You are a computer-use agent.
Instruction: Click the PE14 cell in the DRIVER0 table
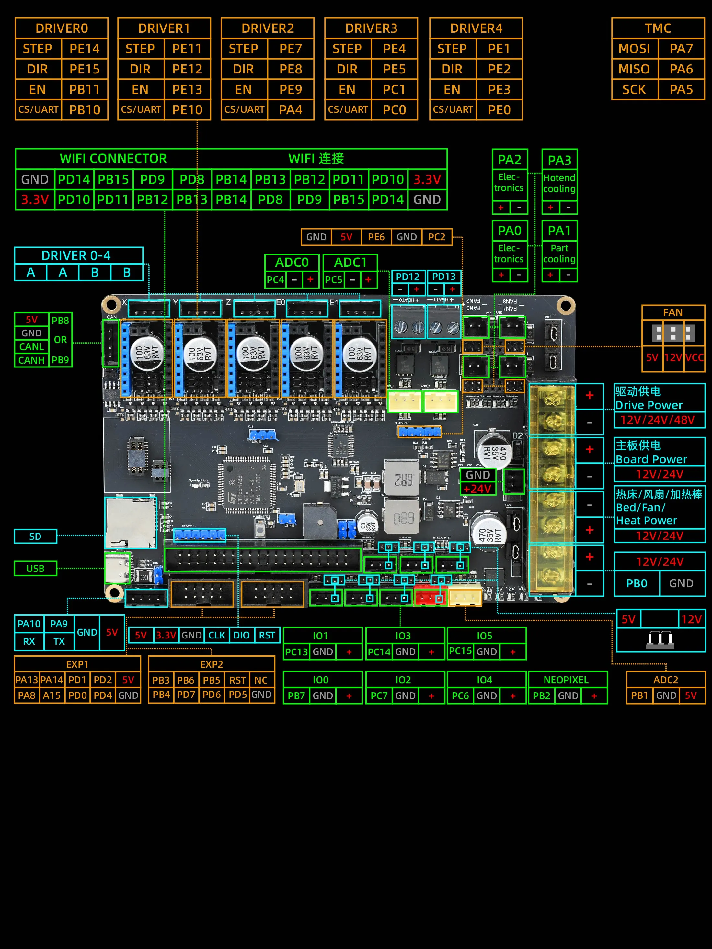(85, 49)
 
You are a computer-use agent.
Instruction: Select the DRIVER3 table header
(371, 28)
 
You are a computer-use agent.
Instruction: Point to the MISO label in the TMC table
(634, 69)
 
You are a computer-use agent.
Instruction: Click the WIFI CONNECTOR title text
(113, 159)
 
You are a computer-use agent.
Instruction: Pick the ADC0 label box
(292, 262)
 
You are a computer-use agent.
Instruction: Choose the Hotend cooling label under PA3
(559, 184)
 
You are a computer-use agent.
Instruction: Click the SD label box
(35, 536)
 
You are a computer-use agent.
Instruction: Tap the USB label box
(35, 569)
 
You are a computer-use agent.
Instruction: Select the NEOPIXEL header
(566, 680)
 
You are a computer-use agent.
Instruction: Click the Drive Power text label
(649, 405)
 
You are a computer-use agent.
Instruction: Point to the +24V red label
(477, 489)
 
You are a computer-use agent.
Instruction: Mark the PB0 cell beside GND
(637, 583)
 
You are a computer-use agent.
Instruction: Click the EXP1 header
(77, 664)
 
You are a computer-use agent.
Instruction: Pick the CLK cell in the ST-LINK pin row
(217, 635)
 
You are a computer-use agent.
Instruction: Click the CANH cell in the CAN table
(31, 360)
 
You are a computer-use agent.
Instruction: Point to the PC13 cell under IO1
(296, 652)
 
